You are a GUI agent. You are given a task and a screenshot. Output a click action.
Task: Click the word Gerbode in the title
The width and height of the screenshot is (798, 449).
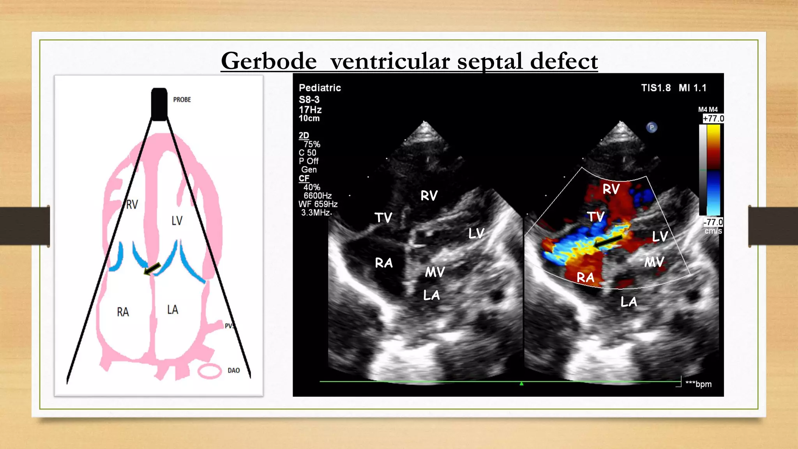(268, 61)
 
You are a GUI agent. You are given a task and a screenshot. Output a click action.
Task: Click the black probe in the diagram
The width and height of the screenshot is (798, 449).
(159, 104)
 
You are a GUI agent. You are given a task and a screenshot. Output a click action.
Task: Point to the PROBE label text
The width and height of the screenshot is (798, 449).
(182, 100)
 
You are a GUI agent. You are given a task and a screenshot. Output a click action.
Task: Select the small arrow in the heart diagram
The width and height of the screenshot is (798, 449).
(152, 269)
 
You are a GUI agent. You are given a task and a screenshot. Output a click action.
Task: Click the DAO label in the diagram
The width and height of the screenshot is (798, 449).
(233, 370)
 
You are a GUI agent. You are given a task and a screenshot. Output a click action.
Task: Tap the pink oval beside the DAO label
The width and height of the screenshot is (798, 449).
(210, 371)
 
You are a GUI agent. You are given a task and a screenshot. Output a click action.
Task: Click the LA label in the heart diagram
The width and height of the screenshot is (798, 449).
(173, 310)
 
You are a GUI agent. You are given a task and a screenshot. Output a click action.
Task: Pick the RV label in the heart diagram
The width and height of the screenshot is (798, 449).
(132, 204)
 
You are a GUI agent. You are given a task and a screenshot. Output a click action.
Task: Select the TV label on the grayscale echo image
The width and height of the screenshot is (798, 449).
(383, 217)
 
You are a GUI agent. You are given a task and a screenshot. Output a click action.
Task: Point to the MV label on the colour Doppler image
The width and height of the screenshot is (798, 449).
(654, 262)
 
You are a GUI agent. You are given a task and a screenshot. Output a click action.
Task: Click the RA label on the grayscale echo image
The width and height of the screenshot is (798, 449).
(384, 263)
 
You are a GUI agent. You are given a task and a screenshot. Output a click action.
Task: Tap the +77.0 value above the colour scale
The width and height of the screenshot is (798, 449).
(713, 118)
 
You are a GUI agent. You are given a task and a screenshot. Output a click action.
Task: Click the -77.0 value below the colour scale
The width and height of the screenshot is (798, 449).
(713, 222)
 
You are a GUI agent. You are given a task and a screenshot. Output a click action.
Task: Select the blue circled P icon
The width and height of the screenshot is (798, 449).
(651, 127)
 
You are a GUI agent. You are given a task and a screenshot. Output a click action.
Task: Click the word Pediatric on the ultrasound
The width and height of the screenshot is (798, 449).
(320, 88)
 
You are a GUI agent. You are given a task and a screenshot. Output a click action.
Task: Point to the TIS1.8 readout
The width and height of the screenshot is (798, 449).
(656, 88)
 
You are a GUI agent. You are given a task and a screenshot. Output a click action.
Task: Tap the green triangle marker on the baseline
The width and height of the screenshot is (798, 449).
(521, 384)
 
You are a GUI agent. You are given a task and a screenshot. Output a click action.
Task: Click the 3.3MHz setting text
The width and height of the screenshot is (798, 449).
(316, 213)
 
